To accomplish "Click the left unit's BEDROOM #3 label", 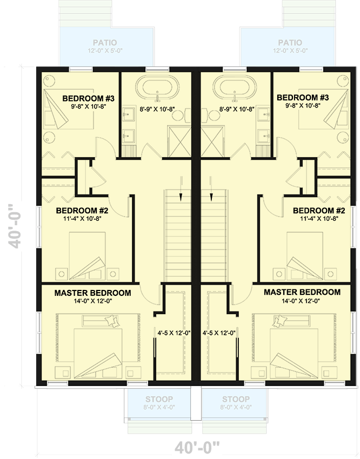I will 88,98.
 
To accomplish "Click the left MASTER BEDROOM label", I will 92,293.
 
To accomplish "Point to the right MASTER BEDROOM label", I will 302,292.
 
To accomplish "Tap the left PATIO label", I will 104,43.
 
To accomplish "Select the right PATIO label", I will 290,43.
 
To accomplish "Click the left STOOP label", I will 159,400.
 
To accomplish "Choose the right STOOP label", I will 235,400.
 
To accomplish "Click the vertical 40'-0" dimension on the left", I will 17,226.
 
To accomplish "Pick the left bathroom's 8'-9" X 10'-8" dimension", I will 157,109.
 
